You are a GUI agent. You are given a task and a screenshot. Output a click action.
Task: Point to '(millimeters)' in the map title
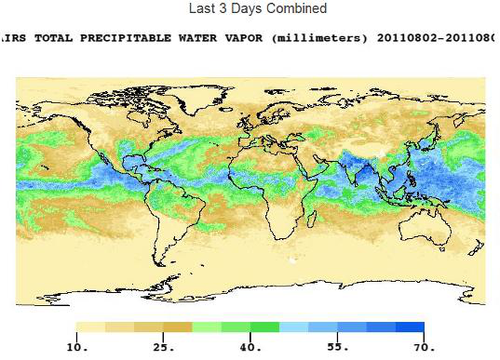click(x=322, y=38)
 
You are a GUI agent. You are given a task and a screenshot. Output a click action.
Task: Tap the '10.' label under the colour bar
click(x=76, y=347)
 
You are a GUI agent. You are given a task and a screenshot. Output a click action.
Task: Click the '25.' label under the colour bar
click(x=164, y=347)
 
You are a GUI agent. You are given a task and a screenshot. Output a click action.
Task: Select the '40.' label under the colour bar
click(x=250, y=347)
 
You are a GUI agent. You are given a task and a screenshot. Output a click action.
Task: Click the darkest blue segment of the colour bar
click(x=410, y=327)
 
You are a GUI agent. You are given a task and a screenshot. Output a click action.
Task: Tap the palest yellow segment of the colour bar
click(x=90, y=327)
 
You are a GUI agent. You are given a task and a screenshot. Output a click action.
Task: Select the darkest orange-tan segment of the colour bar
click(x=178, y=327)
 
